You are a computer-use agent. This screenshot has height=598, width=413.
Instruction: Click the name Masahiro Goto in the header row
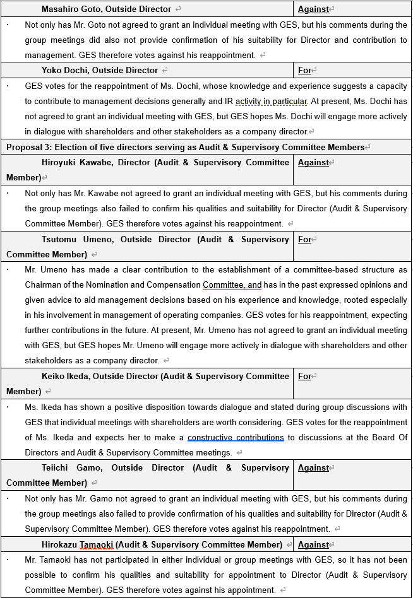(x=72, y=9)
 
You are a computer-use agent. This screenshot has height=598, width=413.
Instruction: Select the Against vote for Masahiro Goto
(x=313, y=9)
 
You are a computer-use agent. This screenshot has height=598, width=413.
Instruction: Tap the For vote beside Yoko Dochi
(x=304, y=70)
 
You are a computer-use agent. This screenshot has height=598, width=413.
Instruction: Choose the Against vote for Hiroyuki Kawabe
(x=313, y=162)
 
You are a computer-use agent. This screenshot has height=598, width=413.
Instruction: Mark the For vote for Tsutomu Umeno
(x=304, y=239)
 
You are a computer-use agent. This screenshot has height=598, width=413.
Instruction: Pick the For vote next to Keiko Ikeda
(x=304, y=376)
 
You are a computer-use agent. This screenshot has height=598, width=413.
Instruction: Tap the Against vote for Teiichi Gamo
(x=313, y=467)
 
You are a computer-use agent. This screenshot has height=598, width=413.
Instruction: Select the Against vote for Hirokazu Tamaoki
(x=313, y=544)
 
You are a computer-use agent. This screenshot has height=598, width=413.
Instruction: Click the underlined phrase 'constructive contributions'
(x=236, y=437)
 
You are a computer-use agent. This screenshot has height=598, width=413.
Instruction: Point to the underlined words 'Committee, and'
(x=232, y=284)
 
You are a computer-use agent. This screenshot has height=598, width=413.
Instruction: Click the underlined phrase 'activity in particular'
(x=266, y=101)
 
